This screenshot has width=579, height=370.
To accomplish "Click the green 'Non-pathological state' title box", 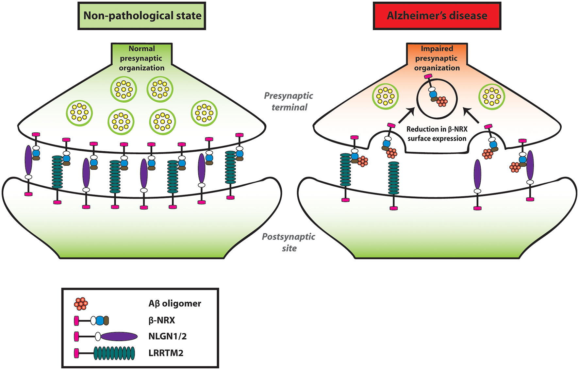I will click(x=142, y=16).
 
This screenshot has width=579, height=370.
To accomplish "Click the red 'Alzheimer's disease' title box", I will click(x=437, y=16).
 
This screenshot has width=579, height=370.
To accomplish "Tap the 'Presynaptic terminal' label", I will click(x=289, y=101).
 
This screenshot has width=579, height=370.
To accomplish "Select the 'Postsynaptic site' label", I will click(x=289, y=242).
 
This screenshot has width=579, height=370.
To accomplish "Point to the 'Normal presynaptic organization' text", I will click(x=141, y=58).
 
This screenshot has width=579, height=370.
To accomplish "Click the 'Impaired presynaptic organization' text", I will click(x=437, y=58).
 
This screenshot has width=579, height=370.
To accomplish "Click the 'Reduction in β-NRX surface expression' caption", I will click(x=437, y=134).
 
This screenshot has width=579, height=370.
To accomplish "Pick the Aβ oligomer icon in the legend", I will click(x=81, y=304).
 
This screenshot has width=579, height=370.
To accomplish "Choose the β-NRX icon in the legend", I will click(x=91, y=321).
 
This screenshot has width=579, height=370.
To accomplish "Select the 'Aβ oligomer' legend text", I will click(x=175, y=304).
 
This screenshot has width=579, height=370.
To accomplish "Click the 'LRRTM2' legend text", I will click(x=166, y=353).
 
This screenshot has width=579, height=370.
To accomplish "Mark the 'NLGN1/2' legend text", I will click(x=167, y=336).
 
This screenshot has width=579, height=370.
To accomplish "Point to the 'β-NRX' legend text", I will click(x=162, y=320).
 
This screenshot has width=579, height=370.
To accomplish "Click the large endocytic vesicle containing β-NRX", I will click(x=437, y=98).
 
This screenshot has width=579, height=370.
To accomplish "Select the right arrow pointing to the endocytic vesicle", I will click(x=471, y=116).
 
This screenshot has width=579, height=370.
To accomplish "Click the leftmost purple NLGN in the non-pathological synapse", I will click(x=28, y=160).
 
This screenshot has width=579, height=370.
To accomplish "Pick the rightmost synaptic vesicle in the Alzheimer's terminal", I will click(x=492, y=96).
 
